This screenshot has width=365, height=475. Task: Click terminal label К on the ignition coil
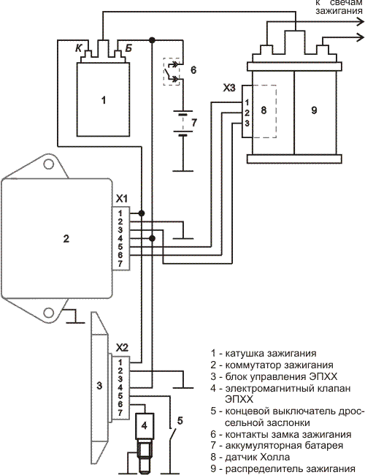click(x=79, y=47)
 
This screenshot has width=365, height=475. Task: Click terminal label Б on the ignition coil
click(x=128, y=47)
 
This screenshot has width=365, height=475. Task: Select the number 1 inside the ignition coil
click(x=104, y=100)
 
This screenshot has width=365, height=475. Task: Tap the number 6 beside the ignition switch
click(x=193, y=70)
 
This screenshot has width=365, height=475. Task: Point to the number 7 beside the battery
click(x=193, y=122)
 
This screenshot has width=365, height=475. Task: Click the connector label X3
click(x=229, y=88)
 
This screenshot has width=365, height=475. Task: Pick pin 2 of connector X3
click(x=247, y=113)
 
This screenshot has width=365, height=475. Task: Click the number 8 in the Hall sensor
click(x=264, y=110)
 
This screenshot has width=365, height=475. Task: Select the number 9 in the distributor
click(x=314, y=110)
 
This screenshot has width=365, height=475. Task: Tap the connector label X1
click(x=122, y=199)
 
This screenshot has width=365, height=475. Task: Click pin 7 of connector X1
click(x=120, y=264)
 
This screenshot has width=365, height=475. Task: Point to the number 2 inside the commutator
click(x=66, y=238)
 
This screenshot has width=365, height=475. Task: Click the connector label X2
click(x=122, y=348)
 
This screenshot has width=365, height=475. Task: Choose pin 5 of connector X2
click(x=120, y=395)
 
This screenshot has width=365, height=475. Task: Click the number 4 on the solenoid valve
click(x=144, y=425)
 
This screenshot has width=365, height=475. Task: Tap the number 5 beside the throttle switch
click(x=180, y=420)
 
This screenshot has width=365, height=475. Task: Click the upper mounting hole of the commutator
click(x=48, y=164)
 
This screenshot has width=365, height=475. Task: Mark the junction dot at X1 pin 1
click(x=141, y=213)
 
